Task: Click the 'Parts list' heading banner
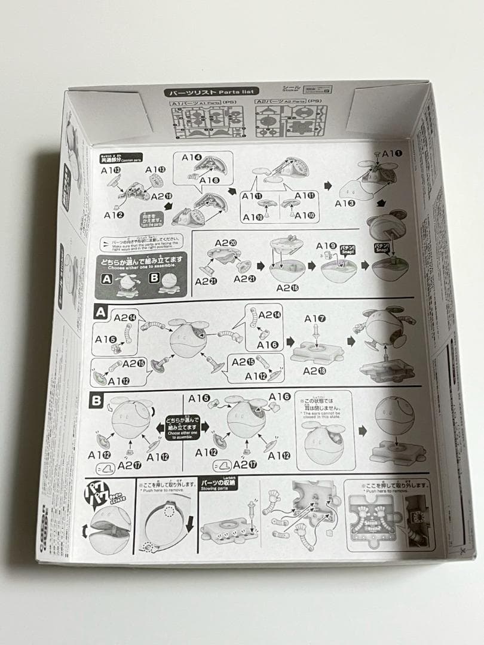(212, 92)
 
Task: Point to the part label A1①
(392, 153)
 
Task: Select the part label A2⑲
(161, 196)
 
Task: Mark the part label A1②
(114, 214)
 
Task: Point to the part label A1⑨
(326, 245)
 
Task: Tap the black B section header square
(96, 400)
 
